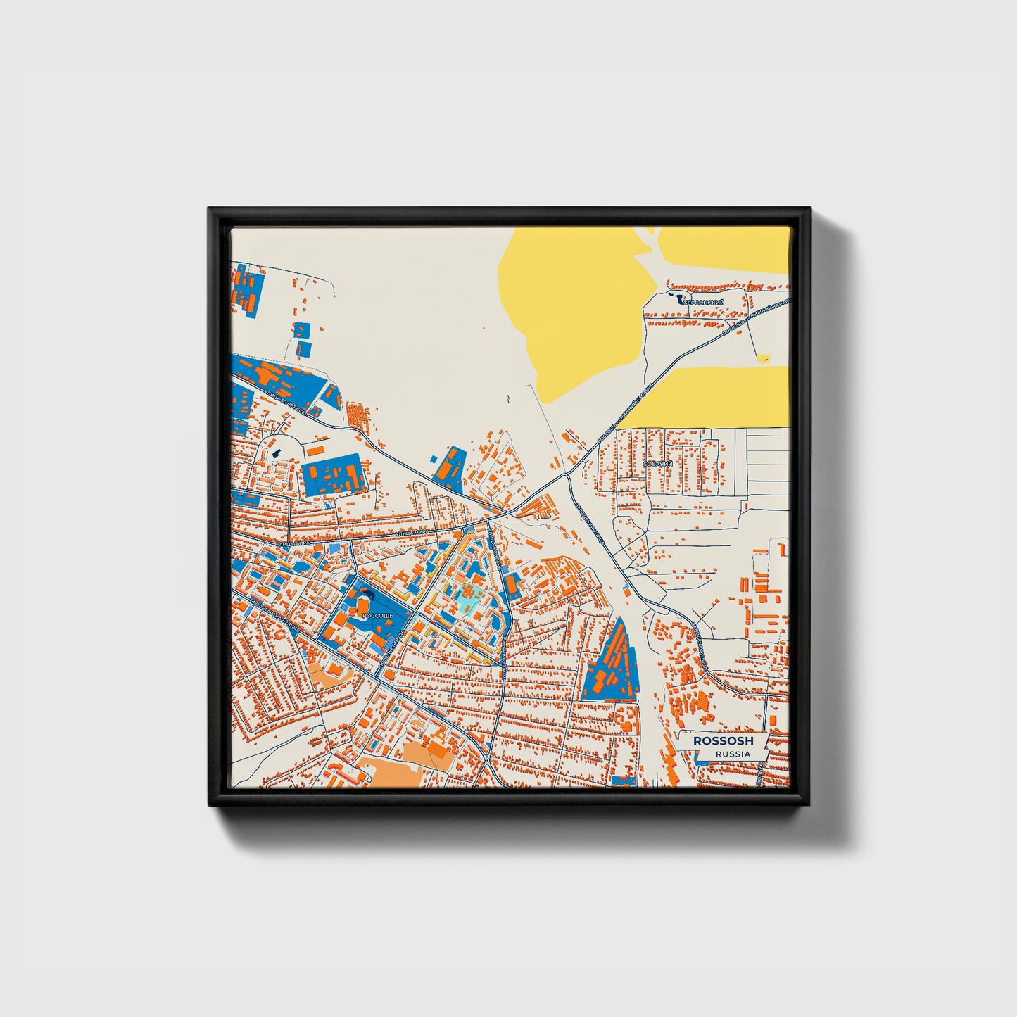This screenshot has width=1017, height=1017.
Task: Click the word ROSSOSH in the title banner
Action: click(x=723, y=741)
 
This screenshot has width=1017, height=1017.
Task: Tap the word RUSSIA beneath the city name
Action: click(x=732, y=754)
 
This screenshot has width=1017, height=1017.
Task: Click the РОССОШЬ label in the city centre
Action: click(x=374, y=615)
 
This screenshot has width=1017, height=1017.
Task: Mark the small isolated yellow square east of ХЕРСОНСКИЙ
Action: click(x=763, y=358)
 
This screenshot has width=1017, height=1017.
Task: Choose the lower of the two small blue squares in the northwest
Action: click(x=305, y=348)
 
